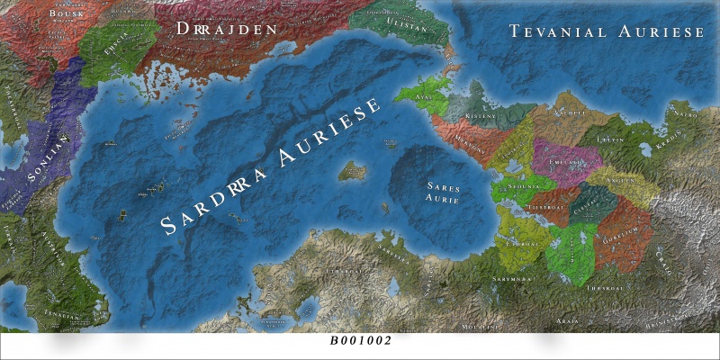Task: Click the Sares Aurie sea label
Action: click(x=444, y=192)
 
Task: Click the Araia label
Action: click(x=568, y=319)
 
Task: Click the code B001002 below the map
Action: click(x=361, y=342)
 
